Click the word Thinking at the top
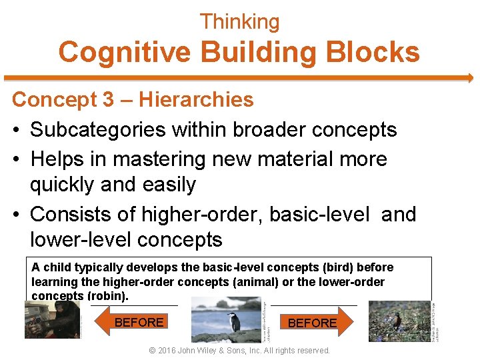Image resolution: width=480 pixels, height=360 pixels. tap(240, 22)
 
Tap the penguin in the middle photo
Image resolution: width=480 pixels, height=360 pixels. tap(234, 321)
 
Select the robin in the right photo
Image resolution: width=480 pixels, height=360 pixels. tap(397, 321)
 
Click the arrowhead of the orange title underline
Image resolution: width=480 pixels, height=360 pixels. tap(469, 77)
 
